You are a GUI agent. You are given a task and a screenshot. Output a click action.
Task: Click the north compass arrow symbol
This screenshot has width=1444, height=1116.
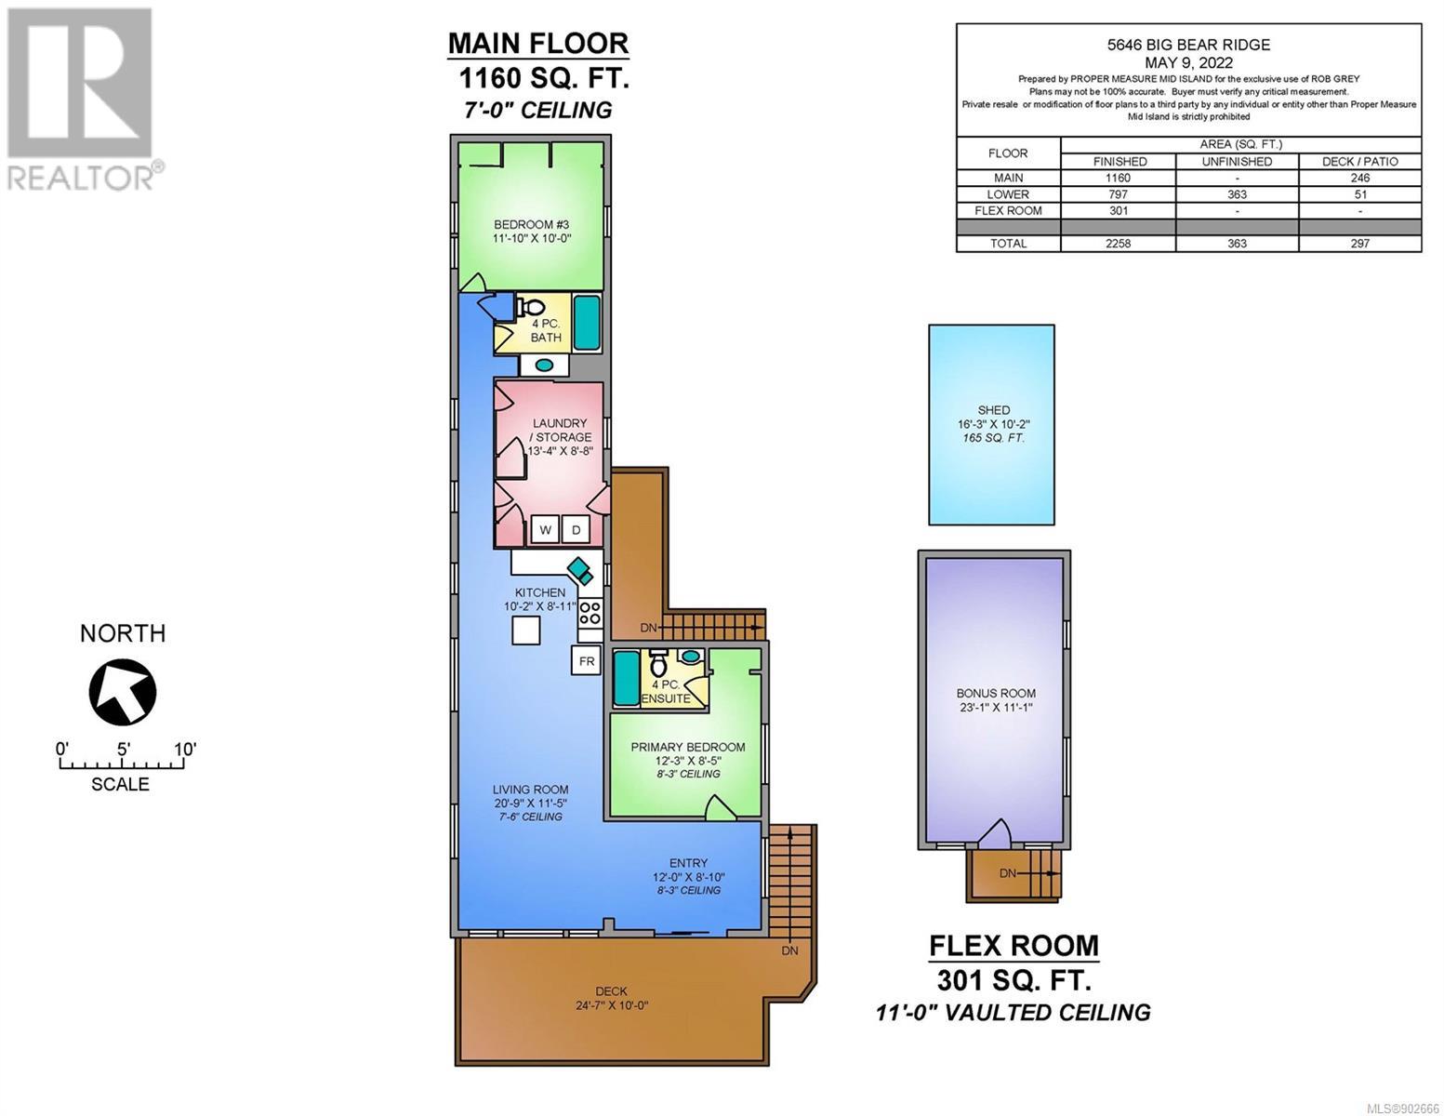coord(123,691)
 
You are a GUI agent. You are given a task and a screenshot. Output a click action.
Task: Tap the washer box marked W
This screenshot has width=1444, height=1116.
coord(545,530)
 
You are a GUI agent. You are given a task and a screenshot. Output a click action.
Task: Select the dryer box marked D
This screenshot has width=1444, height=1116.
coord(576,530)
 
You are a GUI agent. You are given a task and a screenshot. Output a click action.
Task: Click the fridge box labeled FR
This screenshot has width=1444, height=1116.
coord(586,661)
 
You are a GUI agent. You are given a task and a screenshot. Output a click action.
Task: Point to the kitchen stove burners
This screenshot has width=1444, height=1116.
coord(590,612)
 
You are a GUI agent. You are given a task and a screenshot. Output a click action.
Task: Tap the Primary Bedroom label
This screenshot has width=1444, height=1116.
coord(688,747)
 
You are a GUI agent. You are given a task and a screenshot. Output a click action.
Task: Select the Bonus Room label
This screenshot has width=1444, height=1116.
coord(996,693)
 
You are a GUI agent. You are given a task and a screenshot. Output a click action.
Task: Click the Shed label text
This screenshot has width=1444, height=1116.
coord(993,410)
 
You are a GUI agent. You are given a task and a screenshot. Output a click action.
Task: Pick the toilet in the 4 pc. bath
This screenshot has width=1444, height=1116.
coord(531,307)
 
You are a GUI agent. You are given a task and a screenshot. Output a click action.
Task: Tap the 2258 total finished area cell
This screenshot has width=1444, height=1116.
coord(1119,244)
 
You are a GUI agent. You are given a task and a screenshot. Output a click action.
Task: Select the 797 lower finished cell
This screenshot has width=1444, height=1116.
coord(1119,194)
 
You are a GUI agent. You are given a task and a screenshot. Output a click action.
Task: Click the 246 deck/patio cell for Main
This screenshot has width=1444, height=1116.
coord(1359,178)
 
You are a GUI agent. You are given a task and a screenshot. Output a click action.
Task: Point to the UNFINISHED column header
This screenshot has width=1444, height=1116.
coord(1237,162)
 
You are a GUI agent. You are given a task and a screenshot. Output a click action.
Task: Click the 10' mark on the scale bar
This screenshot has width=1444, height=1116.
coord(185,749)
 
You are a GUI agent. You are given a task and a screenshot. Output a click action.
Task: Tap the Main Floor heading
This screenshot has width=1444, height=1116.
coord(538,44)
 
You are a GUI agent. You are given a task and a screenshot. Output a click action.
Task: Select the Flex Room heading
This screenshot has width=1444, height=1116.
coord(1013,945)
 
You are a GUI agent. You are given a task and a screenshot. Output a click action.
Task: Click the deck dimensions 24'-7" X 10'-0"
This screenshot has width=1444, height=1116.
coord(612,1005)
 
